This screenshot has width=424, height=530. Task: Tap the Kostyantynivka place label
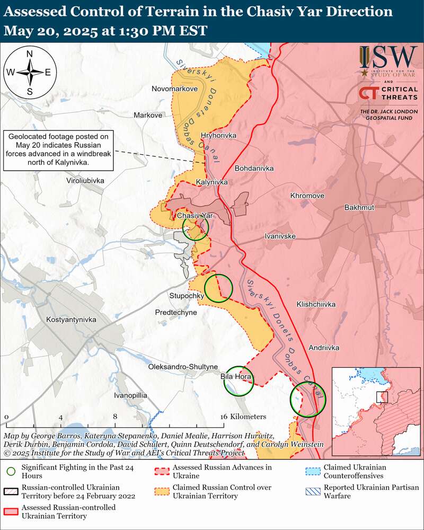(x=71, y=320)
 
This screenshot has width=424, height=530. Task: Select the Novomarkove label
(x=174, y=89)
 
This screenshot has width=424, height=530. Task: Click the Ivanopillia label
(x=130, y=395)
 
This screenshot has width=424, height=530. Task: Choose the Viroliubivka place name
(x=82, y=181)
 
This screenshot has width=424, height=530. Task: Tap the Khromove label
(x=307, y=196)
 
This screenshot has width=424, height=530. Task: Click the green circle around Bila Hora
(x=238, y=381)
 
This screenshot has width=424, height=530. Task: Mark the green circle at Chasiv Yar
(x=196, y=227)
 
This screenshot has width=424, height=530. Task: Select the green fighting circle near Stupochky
(x=218, y=288)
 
